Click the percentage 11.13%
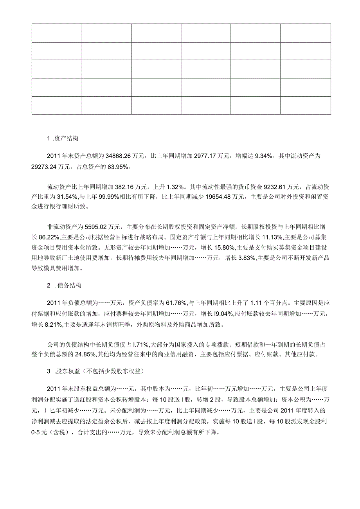pyautogui.click(x=272, y=237)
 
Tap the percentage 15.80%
pyautogui.click(x=222, y=248)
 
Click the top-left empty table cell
pyautogui.click(x=57, y=33)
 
